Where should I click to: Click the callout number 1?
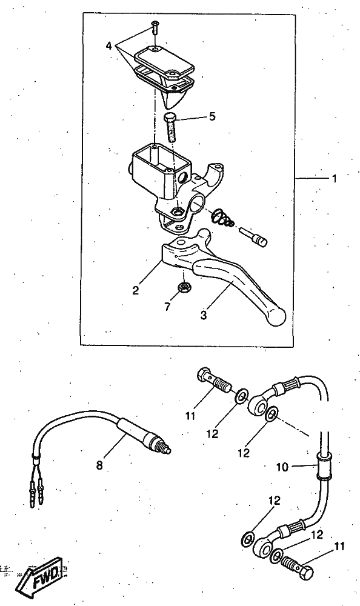coord(334,179)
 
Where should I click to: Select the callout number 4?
coord(109,46)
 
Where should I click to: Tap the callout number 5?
coord(212,116)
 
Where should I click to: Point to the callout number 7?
coord(167,307)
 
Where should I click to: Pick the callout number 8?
coord(100,465)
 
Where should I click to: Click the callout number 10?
coord(282,467)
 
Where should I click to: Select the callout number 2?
coord(135,290)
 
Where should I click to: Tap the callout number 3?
coord(204,315)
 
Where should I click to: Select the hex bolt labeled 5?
coord(170,127)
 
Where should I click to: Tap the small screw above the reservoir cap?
coord(154,27)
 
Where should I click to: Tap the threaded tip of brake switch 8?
coord(167,450)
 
